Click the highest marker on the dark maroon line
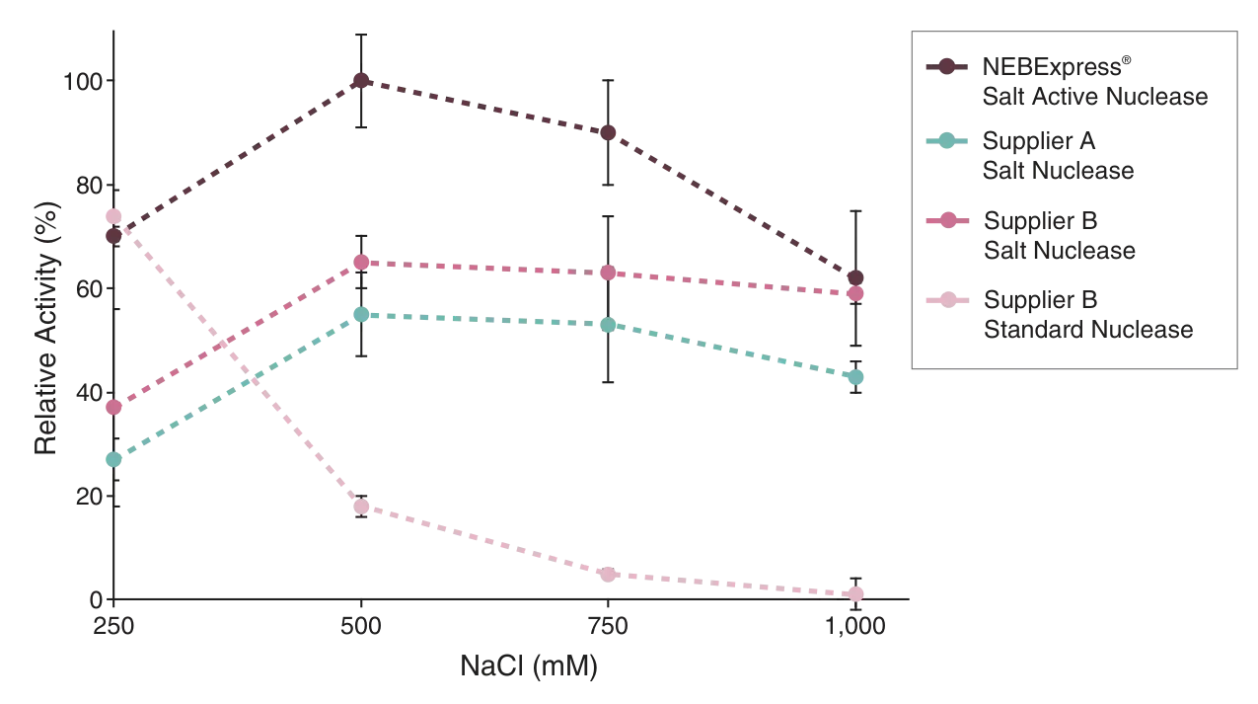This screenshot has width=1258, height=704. (x=361, y=81)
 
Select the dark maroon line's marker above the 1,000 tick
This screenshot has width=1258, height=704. (x=856, y=277)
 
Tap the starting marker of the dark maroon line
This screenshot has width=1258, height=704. (x=114, y=235)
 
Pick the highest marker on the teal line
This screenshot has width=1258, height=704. (x=361, y=314)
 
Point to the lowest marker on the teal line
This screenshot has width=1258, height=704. (x=114, y=460)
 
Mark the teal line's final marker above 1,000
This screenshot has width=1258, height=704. (x=856, y=376)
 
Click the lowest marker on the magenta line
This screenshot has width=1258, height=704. (x=114, y=407)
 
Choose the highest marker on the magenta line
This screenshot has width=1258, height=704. (x=361, y=263)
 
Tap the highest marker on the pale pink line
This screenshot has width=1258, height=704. (x=114, y=215)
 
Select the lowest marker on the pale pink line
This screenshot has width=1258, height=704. (x=856, y=592)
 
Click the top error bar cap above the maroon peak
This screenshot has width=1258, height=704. (x=361, y=34)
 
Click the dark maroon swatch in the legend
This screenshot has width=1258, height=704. (x=947, y=68)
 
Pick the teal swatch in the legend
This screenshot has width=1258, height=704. (x=947, y=141)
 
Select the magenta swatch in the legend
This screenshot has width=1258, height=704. (x=947, y=220)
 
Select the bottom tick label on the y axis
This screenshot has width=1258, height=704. (x=95, y=594)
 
